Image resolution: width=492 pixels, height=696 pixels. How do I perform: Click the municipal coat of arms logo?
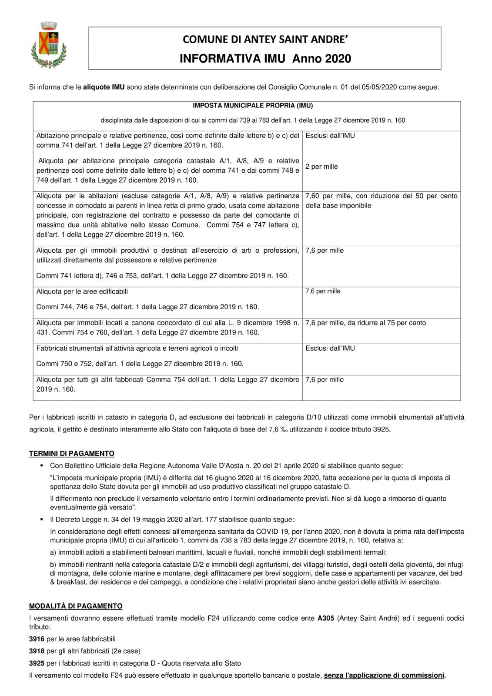coord(49,45)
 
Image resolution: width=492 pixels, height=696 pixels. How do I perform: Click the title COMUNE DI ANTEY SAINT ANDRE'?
coord(265,40)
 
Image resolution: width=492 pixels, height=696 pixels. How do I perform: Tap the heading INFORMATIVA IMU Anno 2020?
coord(265,59)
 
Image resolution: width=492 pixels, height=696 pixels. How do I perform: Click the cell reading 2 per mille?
coord(321,167)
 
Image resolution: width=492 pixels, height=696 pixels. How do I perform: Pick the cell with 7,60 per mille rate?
coord(381,201)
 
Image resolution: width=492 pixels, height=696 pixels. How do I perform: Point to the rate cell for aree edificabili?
coord(323,291)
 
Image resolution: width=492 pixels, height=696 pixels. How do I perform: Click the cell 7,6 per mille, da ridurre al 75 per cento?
coord(365,323)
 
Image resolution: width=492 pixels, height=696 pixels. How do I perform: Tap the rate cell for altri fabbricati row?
coord(325,380)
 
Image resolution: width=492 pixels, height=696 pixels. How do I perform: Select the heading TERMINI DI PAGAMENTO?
coord(72,454)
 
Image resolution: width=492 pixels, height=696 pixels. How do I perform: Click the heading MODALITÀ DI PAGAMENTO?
coord(76,606)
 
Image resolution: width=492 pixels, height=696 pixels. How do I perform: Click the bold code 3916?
coord(37,639)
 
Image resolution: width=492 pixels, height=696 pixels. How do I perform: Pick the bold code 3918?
coord(37,651)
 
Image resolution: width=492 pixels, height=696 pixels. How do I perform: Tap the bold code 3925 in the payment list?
coord(37,663)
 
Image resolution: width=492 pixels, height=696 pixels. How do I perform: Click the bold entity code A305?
coord(326,618)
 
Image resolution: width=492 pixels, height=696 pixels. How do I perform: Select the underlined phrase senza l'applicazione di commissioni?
coord(384,676)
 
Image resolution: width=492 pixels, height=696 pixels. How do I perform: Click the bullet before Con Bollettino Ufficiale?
coord(42,466)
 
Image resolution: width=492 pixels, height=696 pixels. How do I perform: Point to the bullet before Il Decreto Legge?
coord(42,519)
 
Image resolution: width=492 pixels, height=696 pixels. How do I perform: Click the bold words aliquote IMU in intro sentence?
coord(104,87)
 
